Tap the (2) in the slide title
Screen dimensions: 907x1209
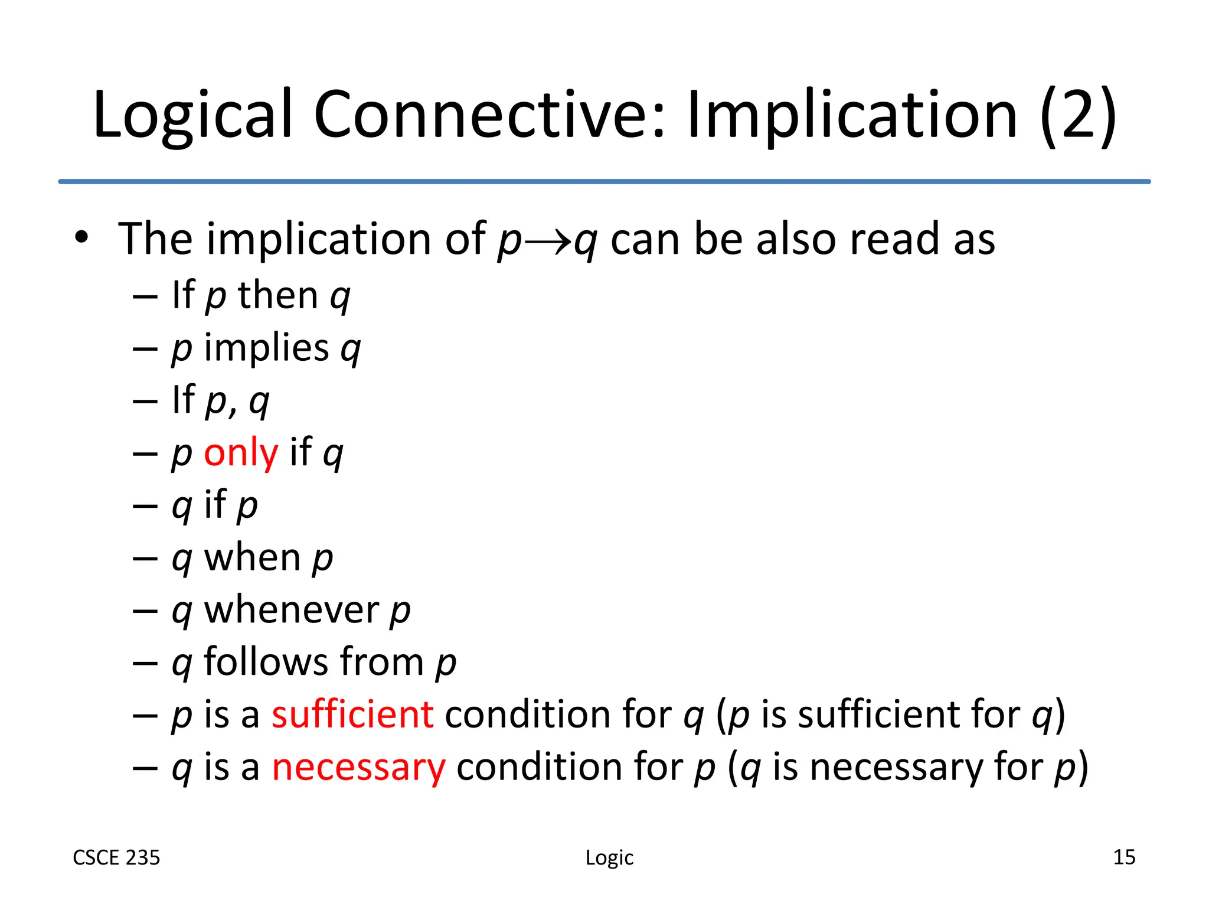point(1078,115)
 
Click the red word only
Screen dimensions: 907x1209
point(240,453)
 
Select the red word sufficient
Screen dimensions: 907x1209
point(352,714)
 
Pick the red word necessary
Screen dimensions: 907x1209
point(358,767)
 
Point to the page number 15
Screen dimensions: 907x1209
point(1124,857)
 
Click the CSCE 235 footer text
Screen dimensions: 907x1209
point(116,857)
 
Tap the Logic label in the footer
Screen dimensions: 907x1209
point(609,857)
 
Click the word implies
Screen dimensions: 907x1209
point(266,348)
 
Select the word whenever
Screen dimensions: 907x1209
point(291,610)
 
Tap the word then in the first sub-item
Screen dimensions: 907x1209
point(278,295)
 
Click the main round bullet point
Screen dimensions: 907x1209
point(81,239)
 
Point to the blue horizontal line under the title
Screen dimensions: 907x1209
point(604,181)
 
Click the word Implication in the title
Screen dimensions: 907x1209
point(852,115)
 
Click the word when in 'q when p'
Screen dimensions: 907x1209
point(252,558)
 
